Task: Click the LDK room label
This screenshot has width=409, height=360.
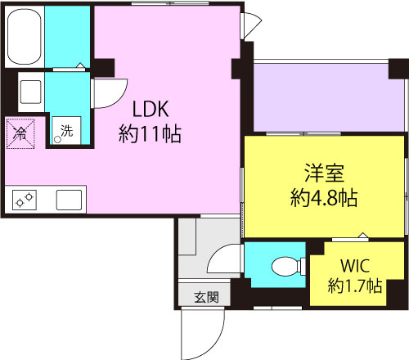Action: [151, 109]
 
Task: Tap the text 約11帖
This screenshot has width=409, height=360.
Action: [150, 134]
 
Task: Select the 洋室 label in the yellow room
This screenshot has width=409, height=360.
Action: [324, 173]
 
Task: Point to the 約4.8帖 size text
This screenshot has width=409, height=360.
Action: [324, 198]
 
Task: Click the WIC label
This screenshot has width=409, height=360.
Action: [355, 266]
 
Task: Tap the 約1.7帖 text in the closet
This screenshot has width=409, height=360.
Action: [355, 286]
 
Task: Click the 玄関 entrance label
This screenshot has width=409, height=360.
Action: [207, 297]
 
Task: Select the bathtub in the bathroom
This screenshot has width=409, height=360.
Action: [25, 37]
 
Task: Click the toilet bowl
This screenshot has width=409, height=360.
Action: [285, 266]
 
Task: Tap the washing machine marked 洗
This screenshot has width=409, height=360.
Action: [67, 130]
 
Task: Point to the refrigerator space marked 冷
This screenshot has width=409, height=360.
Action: [20, 133]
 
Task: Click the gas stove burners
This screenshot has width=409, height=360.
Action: [25, 200]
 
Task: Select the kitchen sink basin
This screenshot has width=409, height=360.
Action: [69, 200]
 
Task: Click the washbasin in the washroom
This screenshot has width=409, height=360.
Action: [31, 92]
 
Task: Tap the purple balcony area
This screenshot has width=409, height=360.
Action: [328, 97]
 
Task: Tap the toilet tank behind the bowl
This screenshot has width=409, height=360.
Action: [303, 266]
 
